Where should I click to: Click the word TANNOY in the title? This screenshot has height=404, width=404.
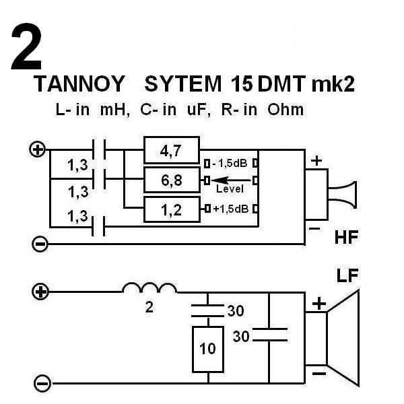[x=79, y=84]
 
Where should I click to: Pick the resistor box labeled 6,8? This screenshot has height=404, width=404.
[x=172, y=180]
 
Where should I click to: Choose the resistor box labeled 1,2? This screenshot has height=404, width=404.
[x=172, y=210]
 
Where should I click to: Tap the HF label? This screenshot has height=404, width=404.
[x=347, y=238]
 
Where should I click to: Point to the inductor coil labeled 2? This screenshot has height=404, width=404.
[x=150, y=289]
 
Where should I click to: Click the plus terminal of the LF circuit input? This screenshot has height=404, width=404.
[x=41, y=292]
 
